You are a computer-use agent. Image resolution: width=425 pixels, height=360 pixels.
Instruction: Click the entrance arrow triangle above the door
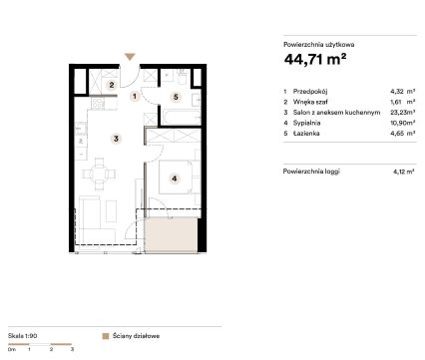point(130,57)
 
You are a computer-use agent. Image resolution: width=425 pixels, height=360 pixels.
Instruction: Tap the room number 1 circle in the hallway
point(135,97)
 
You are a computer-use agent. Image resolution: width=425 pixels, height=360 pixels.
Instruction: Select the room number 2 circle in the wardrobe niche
point(112,85)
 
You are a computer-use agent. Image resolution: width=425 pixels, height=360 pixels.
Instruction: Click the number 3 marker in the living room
point(116,139)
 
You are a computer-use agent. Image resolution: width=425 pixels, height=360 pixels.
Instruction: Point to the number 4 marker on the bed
point(175,179)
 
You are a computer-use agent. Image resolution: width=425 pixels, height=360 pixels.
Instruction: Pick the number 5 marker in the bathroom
point(177,97)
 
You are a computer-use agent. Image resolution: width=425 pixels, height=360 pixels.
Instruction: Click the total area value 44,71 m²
point(315,60)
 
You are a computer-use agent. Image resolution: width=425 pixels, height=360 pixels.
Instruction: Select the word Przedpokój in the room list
point(310,92)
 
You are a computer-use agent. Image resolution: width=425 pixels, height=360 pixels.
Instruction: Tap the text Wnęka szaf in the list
point(310,102)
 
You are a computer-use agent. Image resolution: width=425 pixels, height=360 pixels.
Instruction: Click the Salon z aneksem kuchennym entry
point(336,113)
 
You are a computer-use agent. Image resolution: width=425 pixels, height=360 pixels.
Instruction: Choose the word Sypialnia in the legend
point(306,123)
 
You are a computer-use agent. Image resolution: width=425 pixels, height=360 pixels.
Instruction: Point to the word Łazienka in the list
point(306,134)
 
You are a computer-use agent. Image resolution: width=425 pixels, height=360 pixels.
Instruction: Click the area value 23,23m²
point(403,113)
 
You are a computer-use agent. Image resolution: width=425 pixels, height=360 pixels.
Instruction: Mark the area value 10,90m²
point(403,123)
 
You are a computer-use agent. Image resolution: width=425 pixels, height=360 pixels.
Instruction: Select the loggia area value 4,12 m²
point(403,172)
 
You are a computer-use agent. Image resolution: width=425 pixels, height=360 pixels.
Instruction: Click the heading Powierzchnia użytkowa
point(318,45)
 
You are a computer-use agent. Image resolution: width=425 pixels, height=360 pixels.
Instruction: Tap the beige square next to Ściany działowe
point(106,336)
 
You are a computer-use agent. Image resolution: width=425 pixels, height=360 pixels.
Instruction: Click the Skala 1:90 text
point(22,336)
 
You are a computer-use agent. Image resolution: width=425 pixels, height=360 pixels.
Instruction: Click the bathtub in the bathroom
point(182,117)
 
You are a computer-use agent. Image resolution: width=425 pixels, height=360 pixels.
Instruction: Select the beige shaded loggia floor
point(172,234)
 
